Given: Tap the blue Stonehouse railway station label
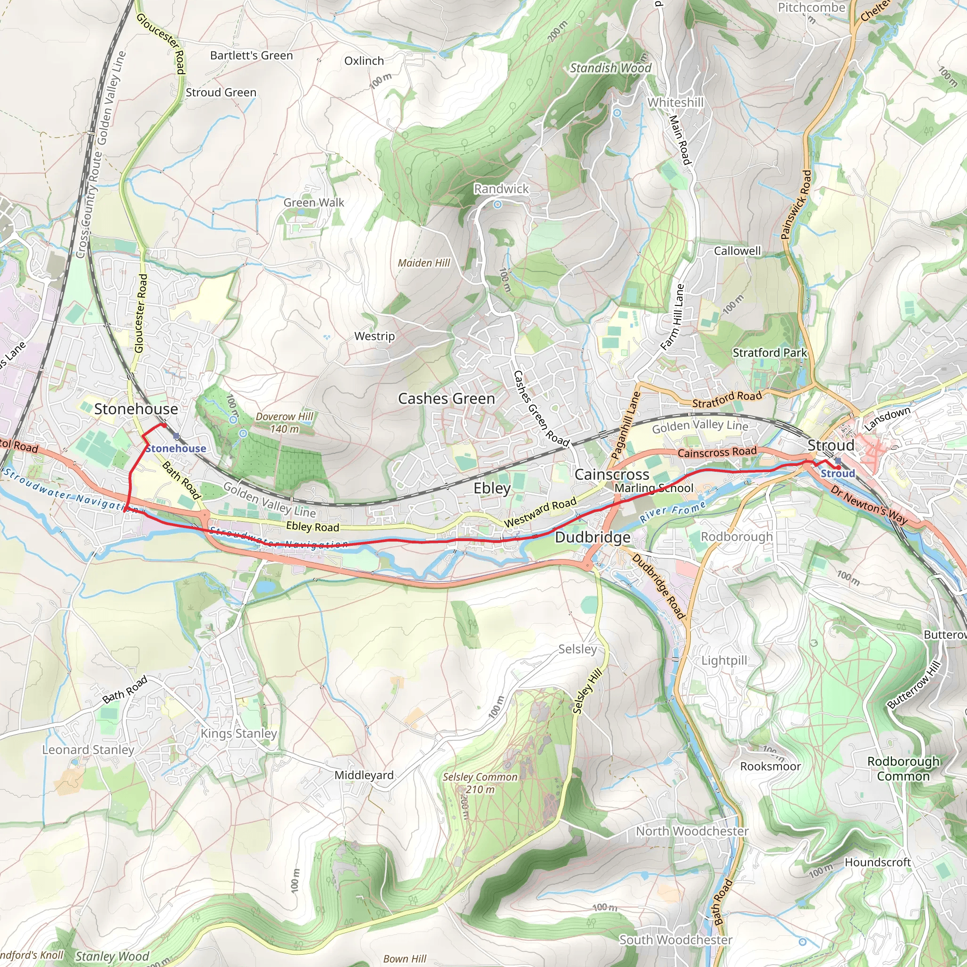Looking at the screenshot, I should coord(176,449).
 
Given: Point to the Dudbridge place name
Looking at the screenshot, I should coord(593,537).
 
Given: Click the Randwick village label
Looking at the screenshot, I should coord(501,189).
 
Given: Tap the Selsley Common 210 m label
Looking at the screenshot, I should coord(480,783).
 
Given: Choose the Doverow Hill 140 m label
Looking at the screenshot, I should coord(284,423).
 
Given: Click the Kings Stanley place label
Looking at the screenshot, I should coord(239,733).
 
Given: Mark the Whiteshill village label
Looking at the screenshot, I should coord(675,102).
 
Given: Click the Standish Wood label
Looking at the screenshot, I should coord(611,68).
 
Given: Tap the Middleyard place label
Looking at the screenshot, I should coord(364,775).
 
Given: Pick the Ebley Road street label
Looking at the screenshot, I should coord(312,526).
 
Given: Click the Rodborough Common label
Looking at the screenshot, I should coord(903,769).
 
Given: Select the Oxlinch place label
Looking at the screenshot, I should coord(364,61).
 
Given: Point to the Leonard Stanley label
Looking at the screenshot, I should coord(88,750).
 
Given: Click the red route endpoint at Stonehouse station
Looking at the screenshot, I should coord(164,425).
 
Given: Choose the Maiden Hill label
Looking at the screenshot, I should coord(424,263).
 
